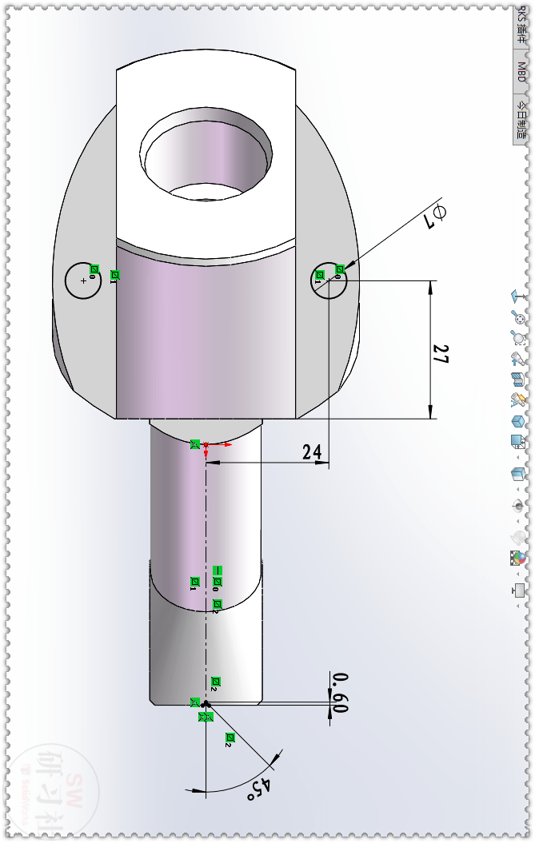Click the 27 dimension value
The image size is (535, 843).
[439, 355]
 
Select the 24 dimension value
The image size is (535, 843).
[312, 452]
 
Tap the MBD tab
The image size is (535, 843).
[521, 72]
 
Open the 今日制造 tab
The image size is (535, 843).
[521, 120]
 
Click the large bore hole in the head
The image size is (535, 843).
[206, 152]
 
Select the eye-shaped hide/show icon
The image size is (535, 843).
[519, 505]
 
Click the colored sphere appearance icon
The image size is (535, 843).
[519, 558]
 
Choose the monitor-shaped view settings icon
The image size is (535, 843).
[519, 590]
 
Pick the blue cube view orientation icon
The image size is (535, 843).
[519, 421]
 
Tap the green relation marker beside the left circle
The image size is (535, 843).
[94, 269]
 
